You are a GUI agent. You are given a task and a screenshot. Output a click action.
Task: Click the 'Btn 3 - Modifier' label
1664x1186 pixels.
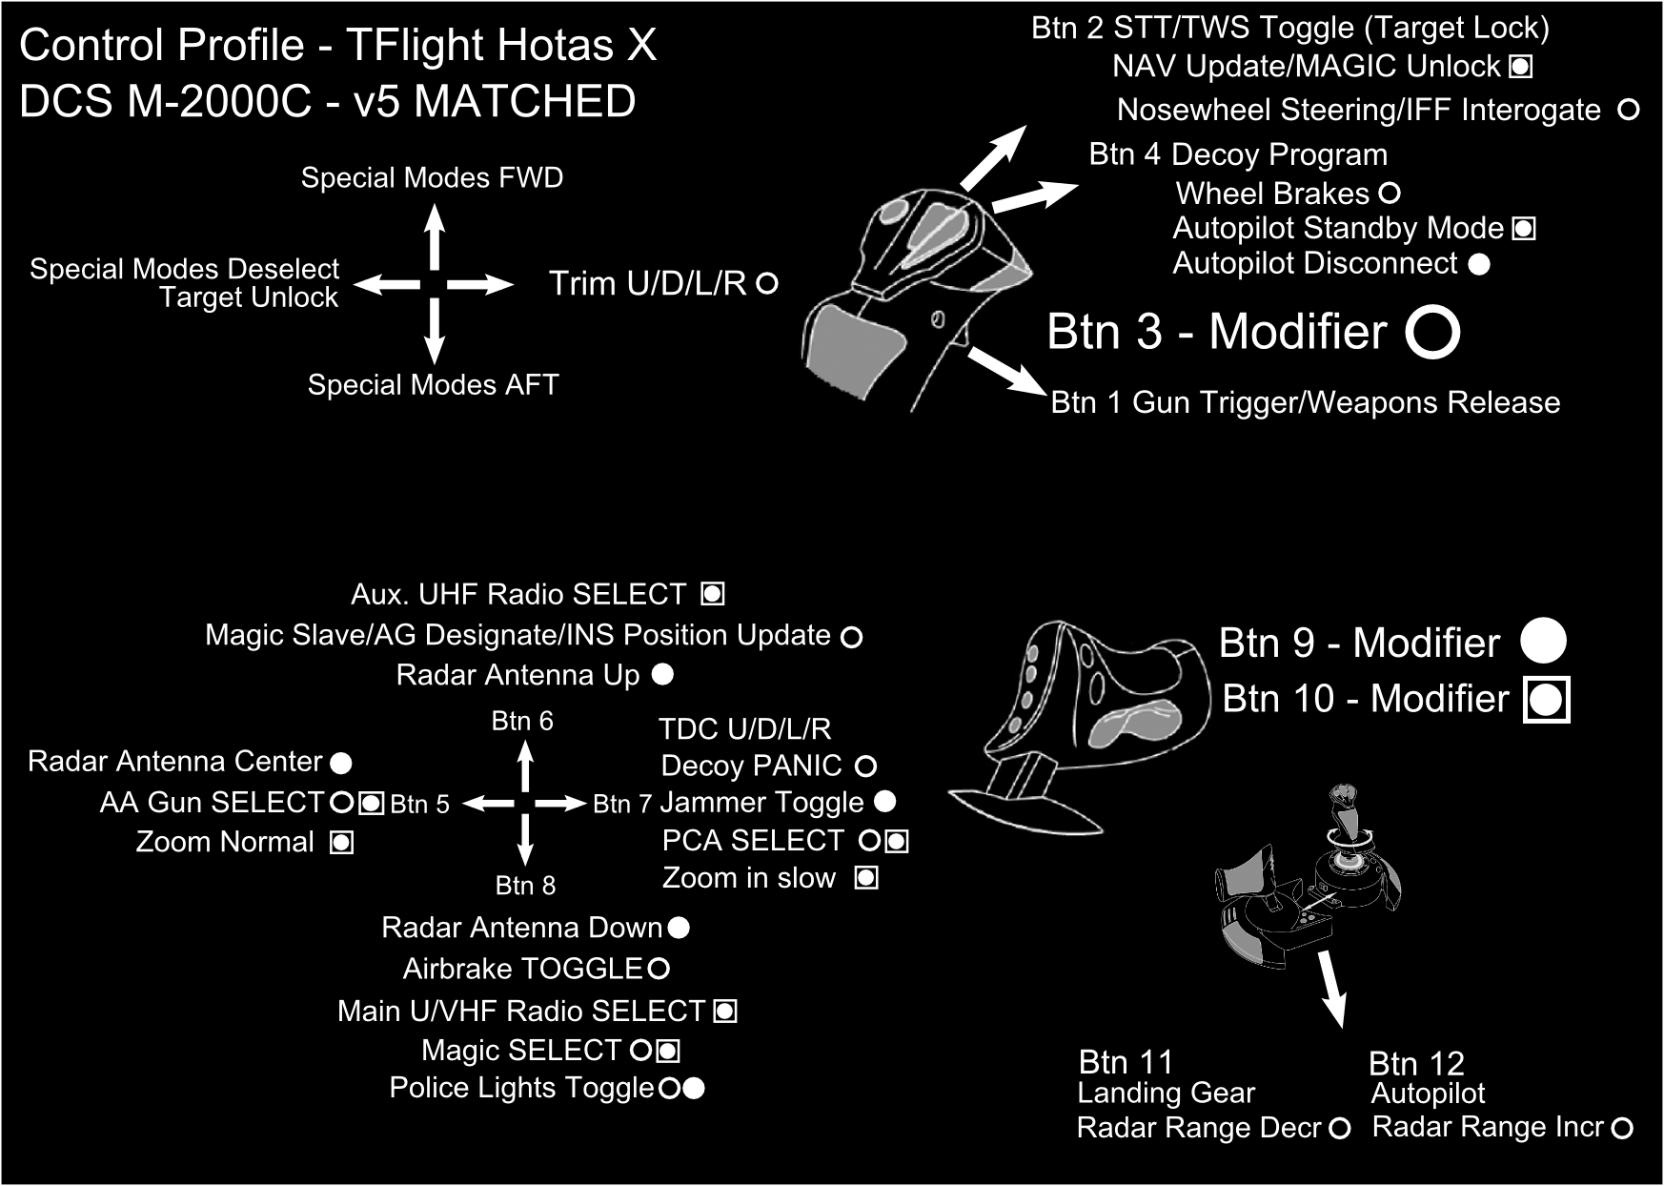pos(1217,333)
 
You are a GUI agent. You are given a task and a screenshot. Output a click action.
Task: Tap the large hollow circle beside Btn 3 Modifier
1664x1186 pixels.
pos(1432,332)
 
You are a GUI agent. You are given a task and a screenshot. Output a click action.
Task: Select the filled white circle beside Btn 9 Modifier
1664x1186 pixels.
pos(1543,641)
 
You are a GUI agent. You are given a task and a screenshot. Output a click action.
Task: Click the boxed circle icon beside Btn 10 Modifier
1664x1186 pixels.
pos(1546,700)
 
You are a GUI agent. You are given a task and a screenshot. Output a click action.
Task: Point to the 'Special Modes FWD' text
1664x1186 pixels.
pos(432,178)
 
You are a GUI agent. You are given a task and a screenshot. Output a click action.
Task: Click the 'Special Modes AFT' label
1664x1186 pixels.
pos(433,385)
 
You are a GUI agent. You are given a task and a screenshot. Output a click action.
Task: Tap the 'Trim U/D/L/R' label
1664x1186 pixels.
pos(647,284)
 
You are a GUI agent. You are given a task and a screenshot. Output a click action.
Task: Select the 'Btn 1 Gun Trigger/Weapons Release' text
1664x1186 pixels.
pos(1305,403)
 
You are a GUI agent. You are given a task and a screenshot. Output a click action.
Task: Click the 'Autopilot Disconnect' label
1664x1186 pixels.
pos(1314,264)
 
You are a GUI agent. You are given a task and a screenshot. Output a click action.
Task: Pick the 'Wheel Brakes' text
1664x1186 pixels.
pos(1272,194)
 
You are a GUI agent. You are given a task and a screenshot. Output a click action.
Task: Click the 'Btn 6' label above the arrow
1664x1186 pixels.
pos(522,722)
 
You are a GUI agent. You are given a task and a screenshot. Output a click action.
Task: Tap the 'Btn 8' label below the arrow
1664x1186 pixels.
pos(525,886)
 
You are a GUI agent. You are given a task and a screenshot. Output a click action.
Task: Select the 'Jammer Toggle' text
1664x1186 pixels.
pos(761,803)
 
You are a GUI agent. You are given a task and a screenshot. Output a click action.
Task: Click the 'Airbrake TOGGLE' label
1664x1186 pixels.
pos(523,970)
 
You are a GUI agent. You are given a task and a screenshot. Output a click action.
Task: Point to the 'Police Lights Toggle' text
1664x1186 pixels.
pos(521,1089)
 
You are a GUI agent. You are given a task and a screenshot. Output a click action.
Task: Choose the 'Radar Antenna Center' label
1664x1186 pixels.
pos(175,762)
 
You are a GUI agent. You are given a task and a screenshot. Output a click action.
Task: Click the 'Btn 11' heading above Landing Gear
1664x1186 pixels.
pos(1126,1062)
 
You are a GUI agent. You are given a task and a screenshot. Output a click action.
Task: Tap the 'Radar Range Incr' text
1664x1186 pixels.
pos(1488,1128)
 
